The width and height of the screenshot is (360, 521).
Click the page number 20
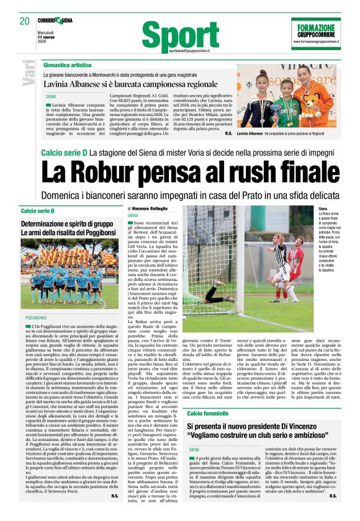pos(24,21)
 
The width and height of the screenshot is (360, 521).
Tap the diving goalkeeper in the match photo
pos(217,287)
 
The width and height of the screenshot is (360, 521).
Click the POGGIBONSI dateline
pos(36,317)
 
